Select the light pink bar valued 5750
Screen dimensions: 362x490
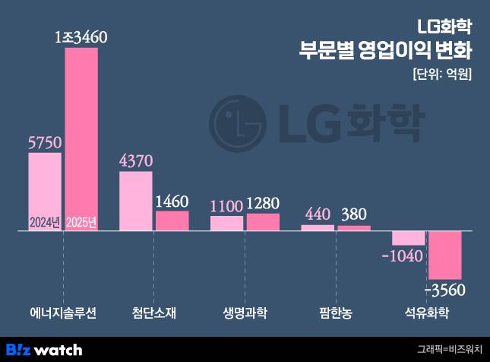(44, 190)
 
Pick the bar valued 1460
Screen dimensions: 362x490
(172, 221)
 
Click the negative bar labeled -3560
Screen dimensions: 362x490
(445, 255)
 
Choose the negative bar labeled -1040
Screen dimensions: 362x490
(409, 237)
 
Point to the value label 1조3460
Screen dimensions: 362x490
(83, 36)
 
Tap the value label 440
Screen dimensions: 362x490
(318, 214)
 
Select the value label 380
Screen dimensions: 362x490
(355, 214)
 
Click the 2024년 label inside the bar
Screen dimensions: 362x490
(45, 223)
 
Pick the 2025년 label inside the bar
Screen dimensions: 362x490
(81, 223)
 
